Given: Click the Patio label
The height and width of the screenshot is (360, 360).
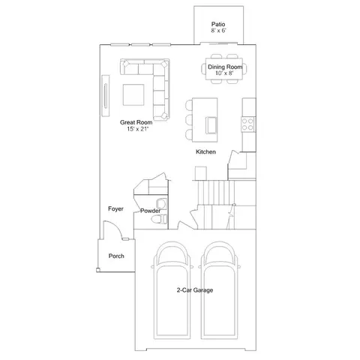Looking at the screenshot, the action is coord(218,24).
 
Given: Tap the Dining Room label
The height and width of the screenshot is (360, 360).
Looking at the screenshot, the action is coord(225,67).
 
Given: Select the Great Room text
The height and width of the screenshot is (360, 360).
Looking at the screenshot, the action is coord(136,122).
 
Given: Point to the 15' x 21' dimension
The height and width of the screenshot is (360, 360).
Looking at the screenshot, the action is coord(138,129).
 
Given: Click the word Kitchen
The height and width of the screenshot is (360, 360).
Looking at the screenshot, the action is coord(205,151).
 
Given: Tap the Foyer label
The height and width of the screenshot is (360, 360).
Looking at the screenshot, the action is coord(115,208).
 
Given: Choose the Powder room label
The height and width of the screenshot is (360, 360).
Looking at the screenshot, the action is coord(150,211).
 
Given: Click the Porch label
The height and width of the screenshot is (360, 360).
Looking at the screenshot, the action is coord(116,256).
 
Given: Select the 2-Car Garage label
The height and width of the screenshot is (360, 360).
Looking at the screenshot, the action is coord(195,290).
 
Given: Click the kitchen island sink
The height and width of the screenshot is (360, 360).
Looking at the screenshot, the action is coord(211,125).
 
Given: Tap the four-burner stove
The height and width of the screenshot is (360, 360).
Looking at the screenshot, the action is coord(247,124).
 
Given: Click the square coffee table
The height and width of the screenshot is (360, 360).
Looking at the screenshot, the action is coord(133,94).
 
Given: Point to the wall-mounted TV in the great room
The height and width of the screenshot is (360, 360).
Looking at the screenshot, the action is coord(106,96).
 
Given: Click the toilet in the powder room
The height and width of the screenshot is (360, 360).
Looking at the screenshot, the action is coord(159,220).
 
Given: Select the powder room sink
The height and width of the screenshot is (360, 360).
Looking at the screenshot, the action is coord(161,204).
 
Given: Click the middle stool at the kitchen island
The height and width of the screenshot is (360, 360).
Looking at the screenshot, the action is coord(189,120).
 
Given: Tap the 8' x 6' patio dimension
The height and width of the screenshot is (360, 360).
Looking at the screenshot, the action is coord(218,31).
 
